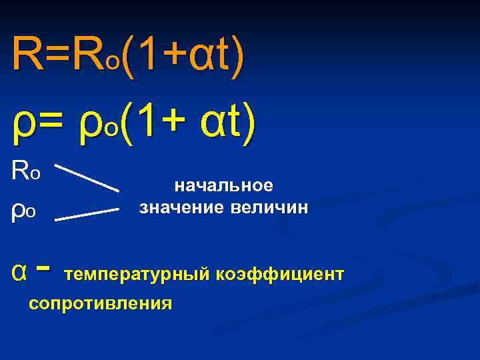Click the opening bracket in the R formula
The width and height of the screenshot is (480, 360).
[126, 55]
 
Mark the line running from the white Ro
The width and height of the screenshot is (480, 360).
[85, 175]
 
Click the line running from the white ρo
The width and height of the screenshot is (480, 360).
[86, 213]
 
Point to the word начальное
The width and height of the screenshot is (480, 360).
[223, 185]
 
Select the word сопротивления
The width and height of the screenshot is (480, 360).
[100, 303]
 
